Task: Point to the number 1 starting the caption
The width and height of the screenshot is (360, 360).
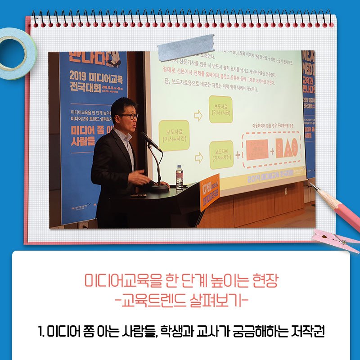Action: (40, 333)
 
